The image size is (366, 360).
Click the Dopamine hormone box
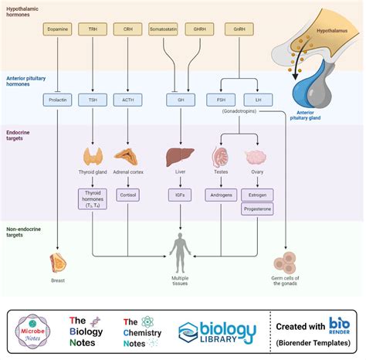58,31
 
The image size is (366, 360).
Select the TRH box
93,31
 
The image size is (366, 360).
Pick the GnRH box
239,31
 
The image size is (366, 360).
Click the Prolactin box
58,99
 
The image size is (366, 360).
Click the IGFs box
181,196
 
